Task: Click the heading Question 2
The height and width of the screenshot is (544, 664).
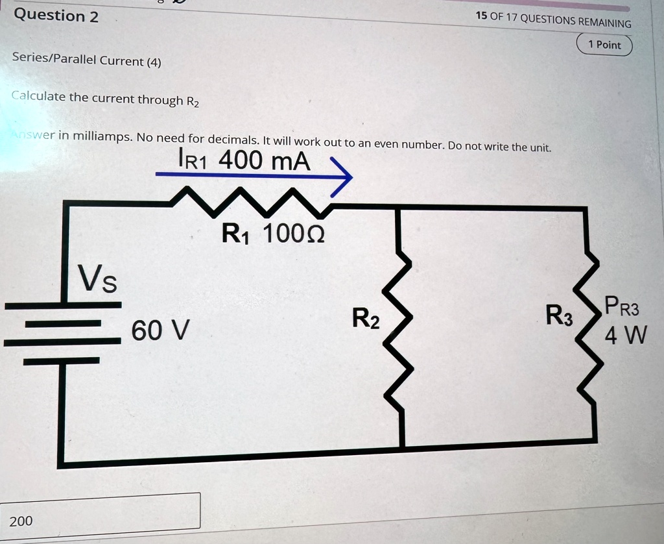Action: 56,16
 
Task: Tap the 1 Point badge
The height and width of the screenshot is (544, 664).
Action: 604,45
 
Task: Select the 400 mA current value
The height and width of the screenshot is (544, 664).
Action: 265,161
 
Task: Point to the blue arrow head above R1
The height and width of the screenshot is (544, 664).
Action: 341,178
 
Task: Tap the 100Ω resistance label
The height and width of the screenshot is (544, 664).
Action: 294,233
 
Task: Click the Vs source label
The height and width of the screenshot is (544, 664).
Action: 97,278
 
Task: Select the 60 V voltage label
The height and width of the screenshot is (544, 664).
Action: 160,330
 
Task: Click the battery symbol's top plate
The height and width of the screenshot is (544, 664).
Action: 63,305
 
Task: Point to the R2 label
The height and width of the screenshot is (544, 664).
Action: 366,319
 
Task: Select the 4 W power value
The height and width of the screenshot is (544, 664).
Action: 626,335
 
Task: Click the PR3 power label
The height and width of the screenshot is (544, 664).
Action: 622,306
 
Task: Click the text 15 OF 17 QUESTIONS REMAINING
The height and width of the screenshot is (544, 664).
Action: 554,20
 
